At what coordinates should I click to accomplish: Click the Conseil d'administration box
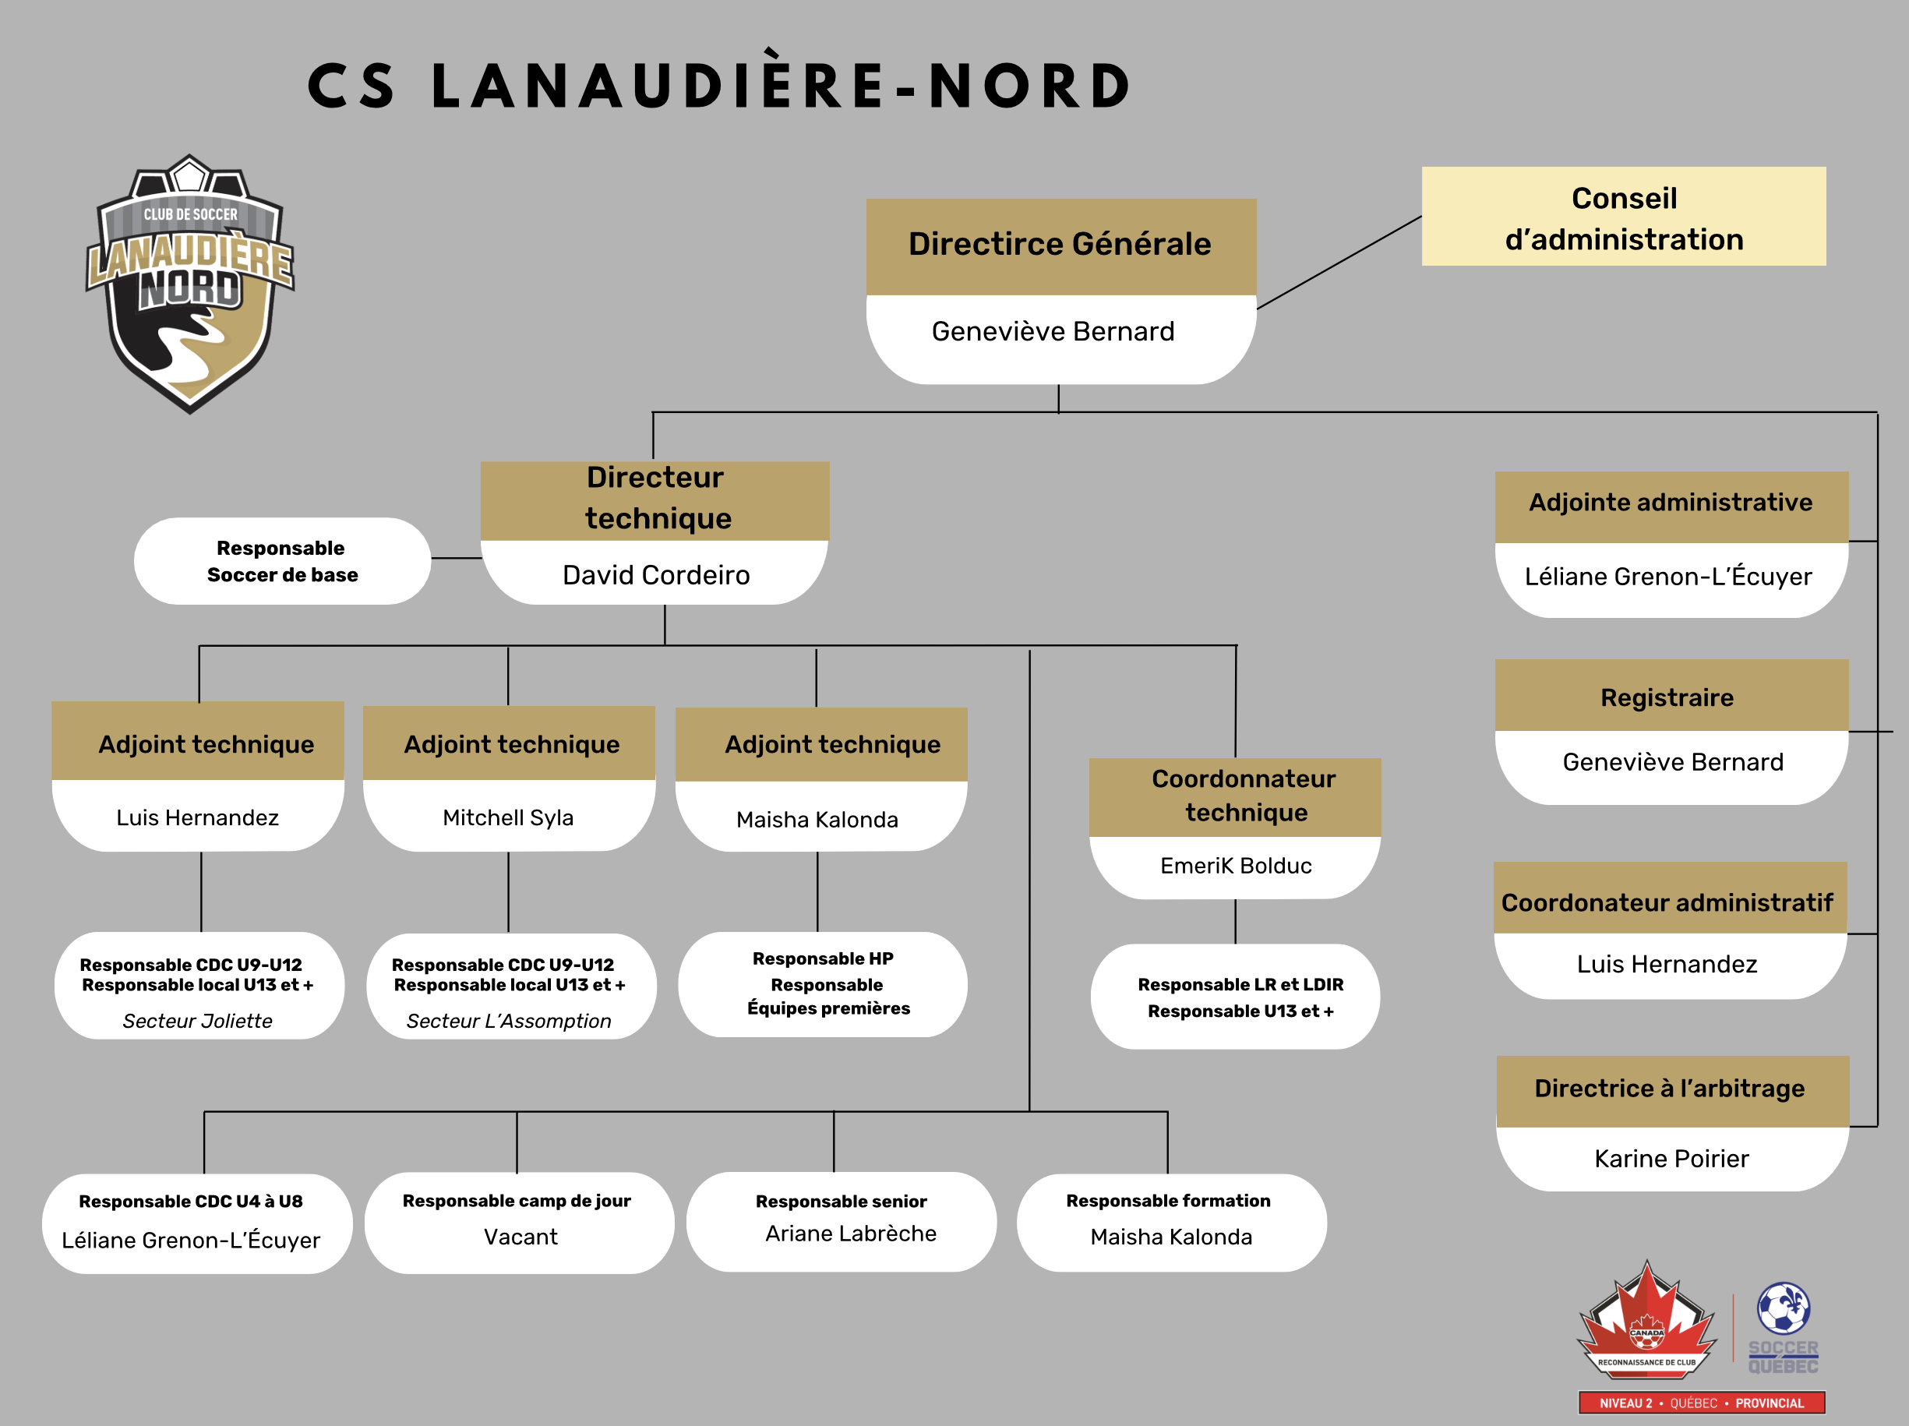tap(1622, 217)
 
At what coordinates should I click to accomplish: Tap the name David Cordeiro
tap(656, 575)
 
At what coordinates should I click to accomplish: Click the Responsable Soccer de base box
tap(281, 561)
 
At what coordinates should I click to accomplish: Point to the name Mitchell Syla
tap(507, 817)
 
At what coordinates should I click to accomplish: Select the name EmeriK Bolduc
tap(1235, 866)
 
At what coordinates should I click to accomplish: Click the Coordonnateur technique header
tap(1243, 796)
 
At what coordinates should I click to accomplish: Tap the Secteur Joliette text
tap(197, 1021)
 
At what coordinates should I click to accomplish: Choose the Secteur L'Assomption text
tap(508, 1021)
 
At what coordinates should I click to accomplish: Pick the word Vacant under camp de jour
tap(520, 1237)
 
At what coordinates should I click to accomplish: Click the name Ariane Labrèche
tap(850, 1234)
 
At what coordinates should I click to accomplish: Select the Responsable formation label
tap(1168, 1201)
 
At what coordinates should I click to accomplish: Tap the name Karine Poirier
tap(1671, 1159)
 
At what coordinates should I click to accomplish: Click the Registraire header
tap(1667, 697)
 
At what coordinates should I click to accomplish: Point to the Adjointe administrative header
tap(1670, 503)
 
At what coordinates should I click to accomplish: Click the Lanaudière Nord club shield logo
tap(190, 285)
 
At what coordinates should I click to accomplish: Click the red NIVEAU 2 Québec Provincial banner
tap(1701, 1403)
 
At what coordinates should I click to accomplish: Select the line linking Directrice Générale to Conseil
tap(1339, 263)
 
